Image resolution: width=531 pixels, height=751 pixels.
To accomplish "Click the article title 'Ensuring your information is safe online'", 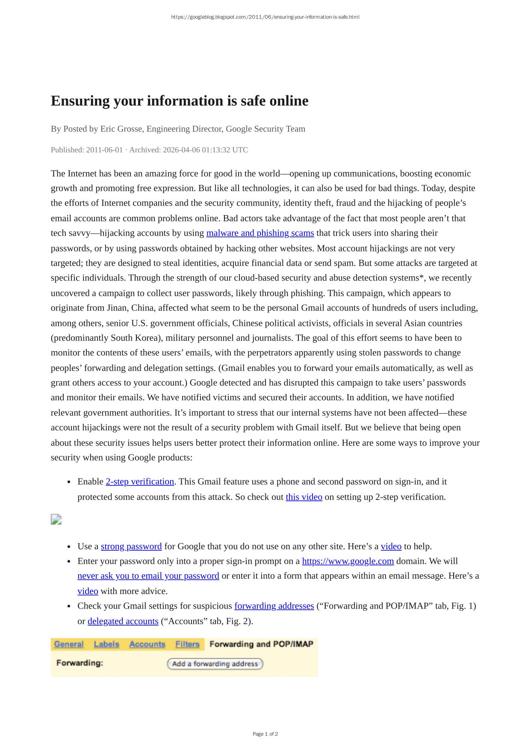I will pos(180,101).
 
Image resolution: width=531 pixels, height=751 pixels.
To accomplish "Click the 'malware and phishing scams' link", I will pos(260,233).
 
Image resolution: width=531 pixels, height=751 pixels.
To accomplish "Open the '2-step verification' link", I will pos(140,482).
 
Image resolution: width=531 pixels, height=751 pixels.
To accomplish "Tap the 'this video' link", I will pos(304,497).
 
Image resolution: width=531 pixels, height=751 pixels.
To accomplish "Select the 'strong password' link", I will pos(131,546).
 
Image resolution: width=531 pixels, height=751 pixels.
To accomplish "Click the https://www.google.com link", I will pos(348,561).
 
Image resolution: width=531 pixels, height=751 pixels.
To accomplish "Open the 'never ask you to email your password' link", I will pos(148,576).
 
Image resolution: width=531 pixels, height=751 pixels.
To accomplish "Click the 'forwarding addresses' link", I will pos(274,606).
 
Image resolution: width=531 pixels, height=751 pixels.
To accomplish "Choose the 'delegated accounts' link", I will pos(123,621).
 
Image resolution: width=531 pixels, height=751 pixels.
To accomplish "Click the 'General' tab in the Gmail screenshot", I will pos(69,644).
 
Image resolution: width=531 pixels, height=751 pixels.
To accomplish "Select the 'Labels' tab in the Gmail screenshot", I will pos(106,644).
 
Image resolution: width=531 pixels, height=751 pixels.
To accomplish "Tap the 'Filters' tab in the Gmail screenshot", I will pos(187,644).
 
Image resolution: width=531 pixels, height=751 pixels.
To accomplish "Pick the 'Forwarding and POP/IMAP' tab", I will pos(261,644).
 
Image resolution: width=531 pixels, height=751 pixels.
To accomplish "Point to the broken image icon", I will pos(56,519).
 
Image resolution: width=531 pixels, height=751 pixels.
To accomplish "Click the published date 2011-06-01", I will pos(104,150).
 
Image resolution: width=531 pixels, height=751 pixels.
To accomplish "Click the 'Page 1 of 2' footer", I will pos(265,734).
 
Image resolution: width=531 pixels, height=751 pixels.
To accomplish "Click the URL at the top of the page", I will pos(265,17).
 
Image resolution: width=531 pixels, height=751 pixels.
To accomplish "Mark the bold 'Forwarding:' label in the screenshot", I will pos(80,663).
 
